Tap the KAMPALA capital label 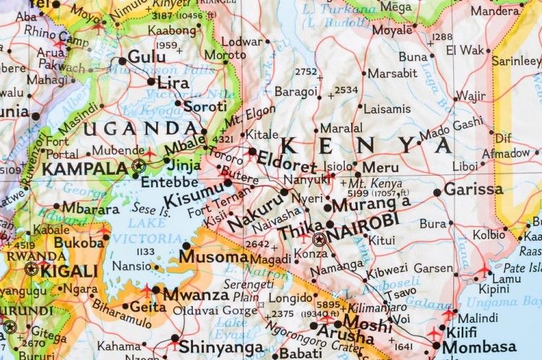(85, 169)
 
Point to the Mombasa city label (479, 346)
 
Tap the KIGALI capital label (69, 271)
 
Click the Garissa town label (473, 189)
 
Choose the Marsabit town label (392, 73)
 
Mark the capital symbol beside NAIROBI (319, 239)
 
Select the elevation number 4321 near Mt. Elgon (222, 139)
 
